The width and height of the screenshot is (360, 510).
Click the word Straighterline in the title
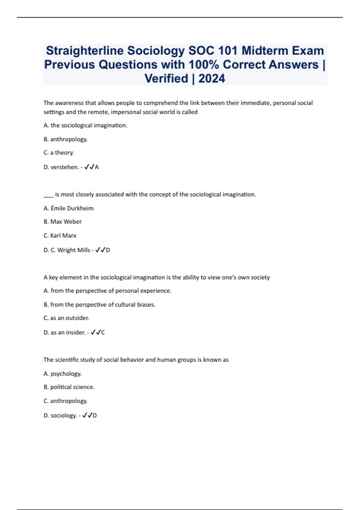85,51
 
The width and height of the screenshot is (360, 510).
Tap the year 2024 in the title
211,79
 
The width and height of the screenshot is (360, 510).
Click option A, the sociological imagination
85,125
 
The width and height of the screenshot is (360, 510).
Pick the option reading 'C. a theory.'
59,153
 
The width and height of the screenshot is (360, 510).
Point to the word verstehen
64,167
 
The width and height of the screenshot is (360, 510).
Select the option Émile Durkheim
69,208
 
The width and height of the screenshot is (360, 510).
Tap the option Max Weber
63,222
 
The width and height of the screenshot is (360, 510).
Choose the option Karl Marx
60,235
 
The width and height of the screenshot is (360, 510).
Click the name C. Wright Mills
70,250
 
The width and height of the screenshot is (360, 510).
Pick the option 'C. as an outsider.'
66,318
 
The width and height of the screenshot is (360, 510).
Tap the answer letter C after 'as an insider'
103,332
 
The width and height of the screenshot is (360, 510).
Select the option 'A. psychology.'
62,374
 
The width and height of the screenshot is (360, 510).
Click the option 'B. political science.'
69,387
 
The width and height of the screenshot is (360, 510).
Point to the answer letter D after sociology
95,415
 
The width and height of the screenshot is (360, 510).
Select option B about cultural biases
99,304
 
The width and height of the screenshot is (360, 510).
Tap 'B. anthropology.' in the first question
66,139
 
